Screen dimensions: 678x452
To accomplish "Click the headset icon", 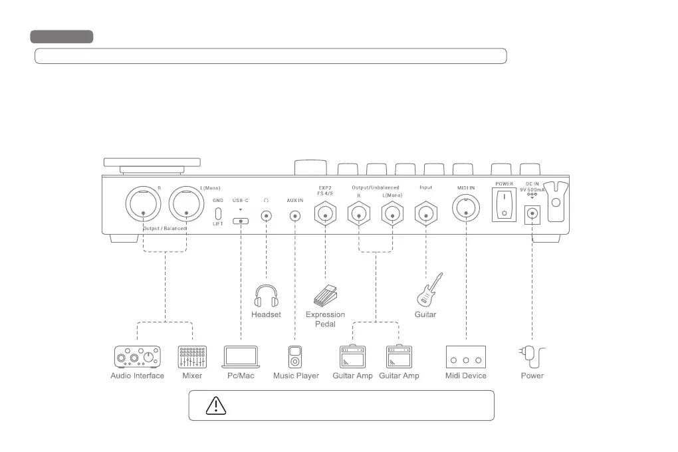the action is (266, 296).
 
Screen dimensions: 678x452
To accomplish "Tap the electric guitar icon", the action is (429, 290).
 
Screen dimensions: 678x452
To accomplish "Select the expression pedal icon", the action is (326, 294).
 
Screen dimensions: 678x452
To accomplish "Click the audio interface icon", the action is (137, 357).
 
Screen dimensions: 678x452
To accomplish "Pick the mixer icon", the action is (192, 357).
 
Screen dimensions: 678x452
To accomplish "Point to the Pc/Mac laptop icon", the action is (241, 357).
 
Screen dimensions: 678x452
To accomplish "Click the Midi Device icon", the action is (465, 357).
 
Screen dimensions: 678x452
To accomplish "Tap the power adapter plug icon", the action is (532, 357).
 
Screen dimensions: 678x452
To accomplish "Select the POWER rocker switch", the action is (505, 205).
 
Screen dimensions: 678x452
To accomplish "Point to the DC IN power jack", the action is (532, 213).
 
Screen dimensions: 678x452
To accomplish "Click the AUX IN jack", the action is (294, 215).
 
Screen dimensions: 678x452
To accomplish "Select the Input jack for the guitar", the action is (425, 213).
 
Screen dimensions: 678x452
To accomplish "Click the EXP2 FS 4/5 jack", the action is (325, 213).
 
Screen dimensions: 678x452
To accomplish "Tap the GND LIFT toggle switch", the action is (218, 214).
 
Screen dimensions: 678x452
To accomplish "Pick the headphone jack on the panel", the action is (266, 215).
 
